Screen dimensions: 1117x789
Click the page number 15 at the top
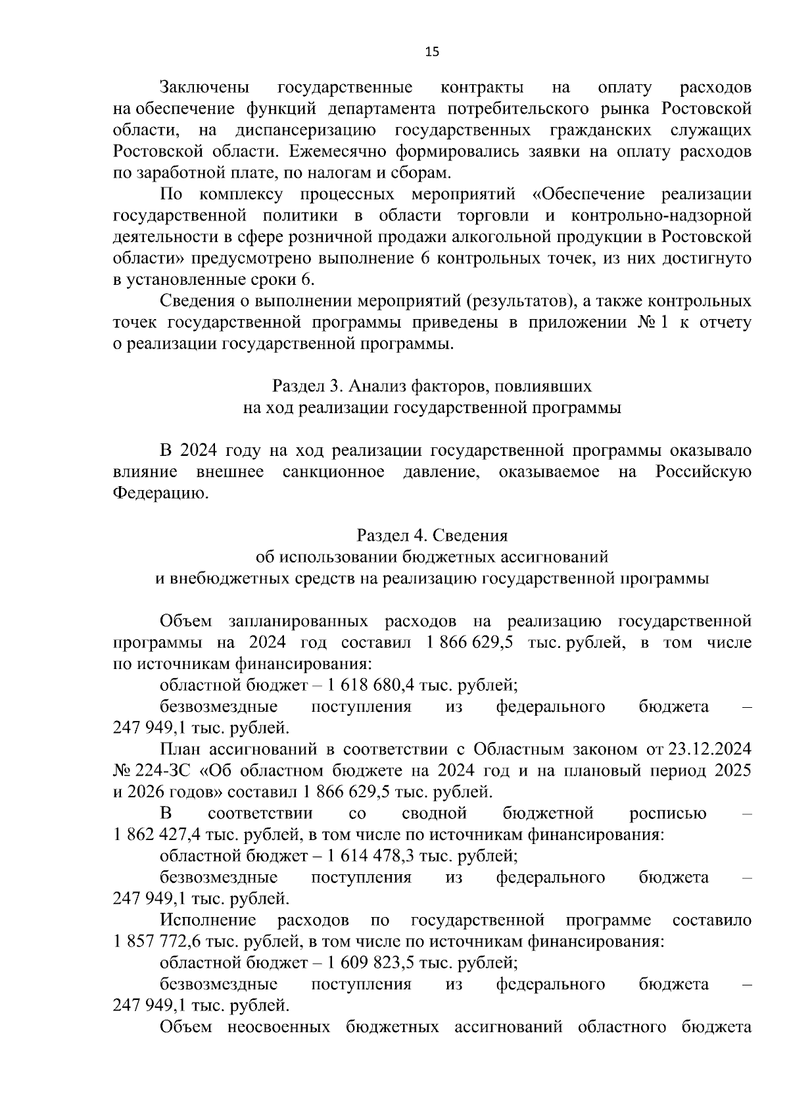coord(431,52)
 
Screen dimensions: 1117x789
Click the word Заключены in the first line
coord(204,87)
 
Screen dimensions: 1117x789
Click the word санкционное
coord(333,472)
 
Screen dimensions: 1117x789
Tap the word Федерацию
coord(160,493)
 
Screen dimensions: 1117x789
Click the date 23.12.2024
coord(709,749)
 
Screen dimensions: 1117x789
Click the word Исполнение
coord(208,920)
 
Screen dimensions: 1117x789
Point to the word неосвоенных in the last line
coord(279,1027)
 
